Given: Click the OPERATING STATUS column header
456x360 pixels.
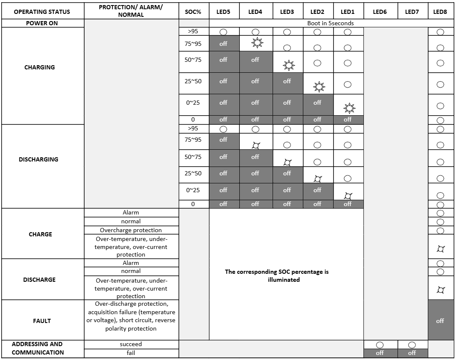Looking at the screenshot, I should [42, 12].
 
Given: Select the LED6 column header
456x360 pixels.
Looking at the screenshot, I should [379, 12].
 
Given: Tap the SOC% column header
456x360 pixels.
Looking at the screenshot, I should [193, 12].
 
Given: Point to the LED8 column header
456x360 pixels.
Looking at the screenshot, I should [440, 12].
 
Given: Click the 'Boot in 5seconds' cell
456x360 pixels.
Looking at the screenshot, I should [330, 23].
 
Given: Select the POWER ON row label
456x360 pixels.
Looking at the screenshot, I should [42, 23].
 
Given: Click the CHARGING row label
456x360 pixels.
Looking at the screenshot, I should [40, 67].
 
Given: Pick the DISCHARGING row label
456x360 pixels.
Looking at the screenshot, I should [39, 159].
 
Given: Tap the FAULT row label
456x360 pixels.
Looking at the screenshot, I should [42, 321].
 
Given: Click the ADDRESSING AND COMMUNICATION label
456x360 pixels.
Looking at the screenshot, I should [37, 348].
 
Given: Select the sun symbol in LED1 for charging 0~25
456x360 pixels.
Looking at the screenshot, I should [349, 109].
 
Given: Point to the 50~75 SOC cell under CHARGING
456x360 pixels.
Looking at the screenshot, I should [193, 60].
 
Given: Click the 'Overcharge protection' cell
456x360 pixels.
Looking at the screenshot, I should [131, 230].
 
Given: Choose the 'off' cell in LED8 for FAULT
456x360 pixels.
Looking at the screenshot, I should [440, 321].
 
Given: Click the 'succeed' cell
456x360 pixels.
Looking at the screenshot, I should [131, 344].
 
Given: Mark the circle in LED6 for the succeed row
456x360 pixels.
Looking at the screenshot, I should [379, 345].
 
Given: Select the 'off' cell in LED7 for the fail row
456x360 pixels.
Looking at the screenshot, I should [412, 353].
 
